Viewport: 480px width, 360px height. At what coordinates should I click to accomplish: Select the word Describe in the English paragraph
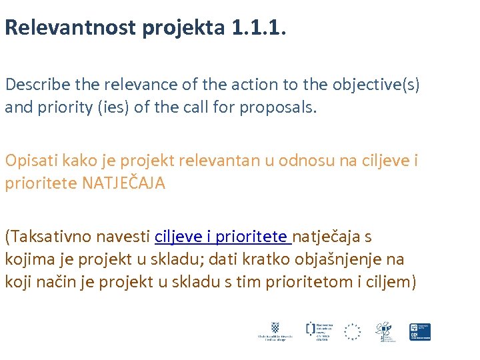pyautogui.click(x=36, y=85)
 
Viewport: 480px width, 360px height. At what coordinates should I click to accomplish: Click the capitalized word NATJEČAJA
pyautogui.click(x=123, y=183)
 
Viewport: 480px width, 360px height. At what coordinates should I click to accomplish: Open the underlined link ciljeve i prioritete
pyautogui.click(x=223, y=236)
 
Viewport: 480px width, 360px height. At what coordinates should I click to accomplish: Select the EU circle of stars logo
pyautogui.click(x=353, y=331)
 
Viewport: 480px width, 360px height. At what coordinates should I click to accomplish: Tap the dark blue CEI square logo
pyautogui.click(x=419, y=331)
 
